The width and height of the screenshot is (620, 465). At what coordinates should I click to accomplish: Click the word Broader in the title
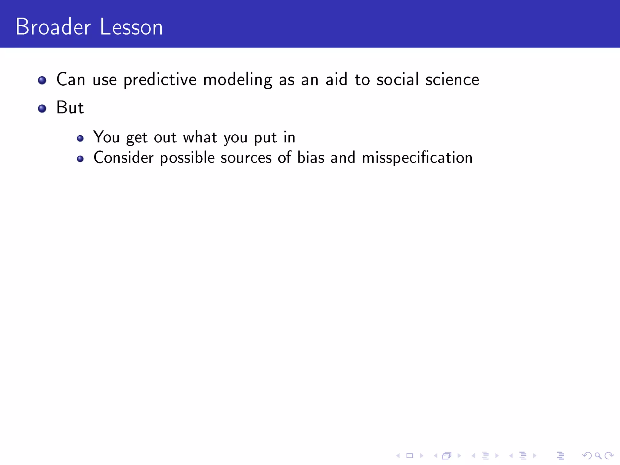(x=53, y=27)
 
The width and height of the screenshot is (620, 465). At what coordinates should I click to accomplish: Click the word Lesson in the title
(x=131, y=27)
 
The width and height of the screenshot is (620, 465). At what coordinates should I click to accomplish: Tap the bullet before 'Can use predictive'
(x=42, y=80)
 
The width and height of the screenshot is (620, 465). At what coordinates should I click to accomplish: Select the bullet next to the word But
(x=42, y=108)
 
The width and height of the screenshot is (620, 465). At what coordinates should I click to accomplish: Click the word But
(x=70, y=107)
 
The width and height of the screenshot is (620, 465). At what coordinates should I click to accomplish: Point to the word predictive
(x=160, y=80)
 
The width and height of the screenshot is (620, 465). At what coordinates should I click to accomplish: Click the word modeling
(x=238, y=80)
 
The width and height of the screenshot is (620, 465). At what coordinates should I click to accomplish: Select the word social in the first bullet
(x=397, y=80)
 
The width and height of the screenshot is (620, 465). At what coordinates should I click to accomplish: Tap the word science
(x=452, y=80)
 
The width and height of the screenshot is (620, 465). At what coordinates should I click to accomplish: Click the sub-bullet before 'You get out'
(x=80, y=139)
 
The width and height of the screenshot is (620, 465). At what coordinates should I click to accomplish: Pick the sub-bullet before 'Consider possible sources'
(x=80, y=159)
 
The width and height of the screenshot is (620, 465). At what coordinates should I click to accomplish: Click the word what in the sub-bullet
(x=200, y=137)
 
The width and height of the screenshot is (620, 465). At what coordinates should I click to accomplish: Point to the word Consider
(x=124, y=158)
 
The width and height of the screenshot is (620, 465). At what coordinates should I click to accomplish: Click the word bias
(x=311, y=158)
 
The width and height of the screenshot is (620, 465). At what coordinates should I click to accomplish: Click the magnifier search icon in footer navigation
(x=598, y=455)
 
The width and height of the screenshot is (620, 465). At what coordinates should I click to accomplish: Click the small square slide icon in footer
(x=410, y=455)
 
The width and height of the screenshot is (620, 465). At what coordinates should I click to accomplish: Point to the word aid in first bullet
(x=336, y=80)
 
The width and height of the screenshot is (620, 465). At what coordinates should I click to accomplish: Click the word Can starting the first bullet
(x=71, y=80)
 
